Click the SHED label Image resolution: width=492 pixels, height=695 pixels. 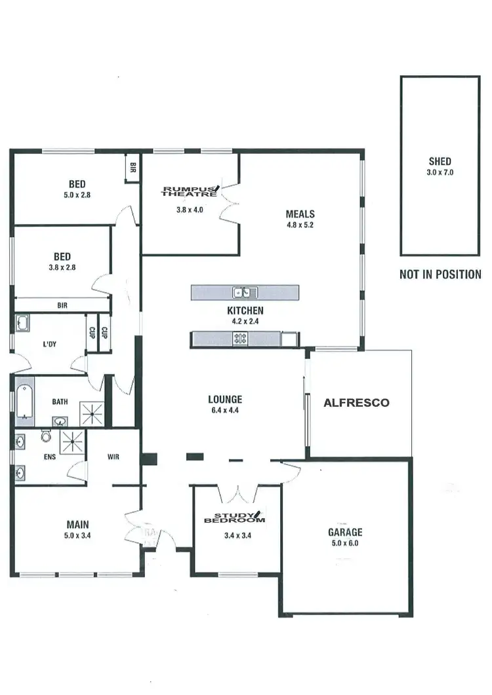440,161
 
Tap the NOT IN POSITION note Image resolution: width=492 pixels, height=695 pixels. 440,274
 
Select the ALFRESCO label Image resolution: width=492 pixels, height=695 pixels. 356,404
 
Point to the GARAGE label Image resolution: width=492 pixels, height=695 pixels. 345,533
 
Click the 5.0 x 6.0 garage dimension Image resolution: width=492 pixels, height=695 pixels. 345,543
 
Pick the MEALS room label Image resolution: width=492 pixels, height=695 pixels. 300,214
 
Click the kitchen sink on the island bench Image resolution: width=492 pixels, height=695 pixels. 247,292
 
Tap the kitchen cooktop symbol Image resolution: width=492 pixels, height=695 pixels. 240,339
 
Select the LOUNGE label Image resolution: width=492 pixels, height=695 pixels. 225,399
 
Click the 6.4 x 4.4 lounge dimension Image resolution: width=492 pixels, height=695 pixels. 225,410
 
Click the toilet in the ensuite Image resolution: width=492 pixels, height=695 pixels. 46,435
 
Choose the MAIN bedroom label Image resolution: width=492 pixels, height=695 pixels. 77,524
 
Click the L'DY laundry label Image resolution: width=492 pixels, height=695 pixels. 49,344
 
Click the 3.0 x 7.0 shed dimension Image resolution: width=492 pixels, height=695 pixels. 440,173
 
